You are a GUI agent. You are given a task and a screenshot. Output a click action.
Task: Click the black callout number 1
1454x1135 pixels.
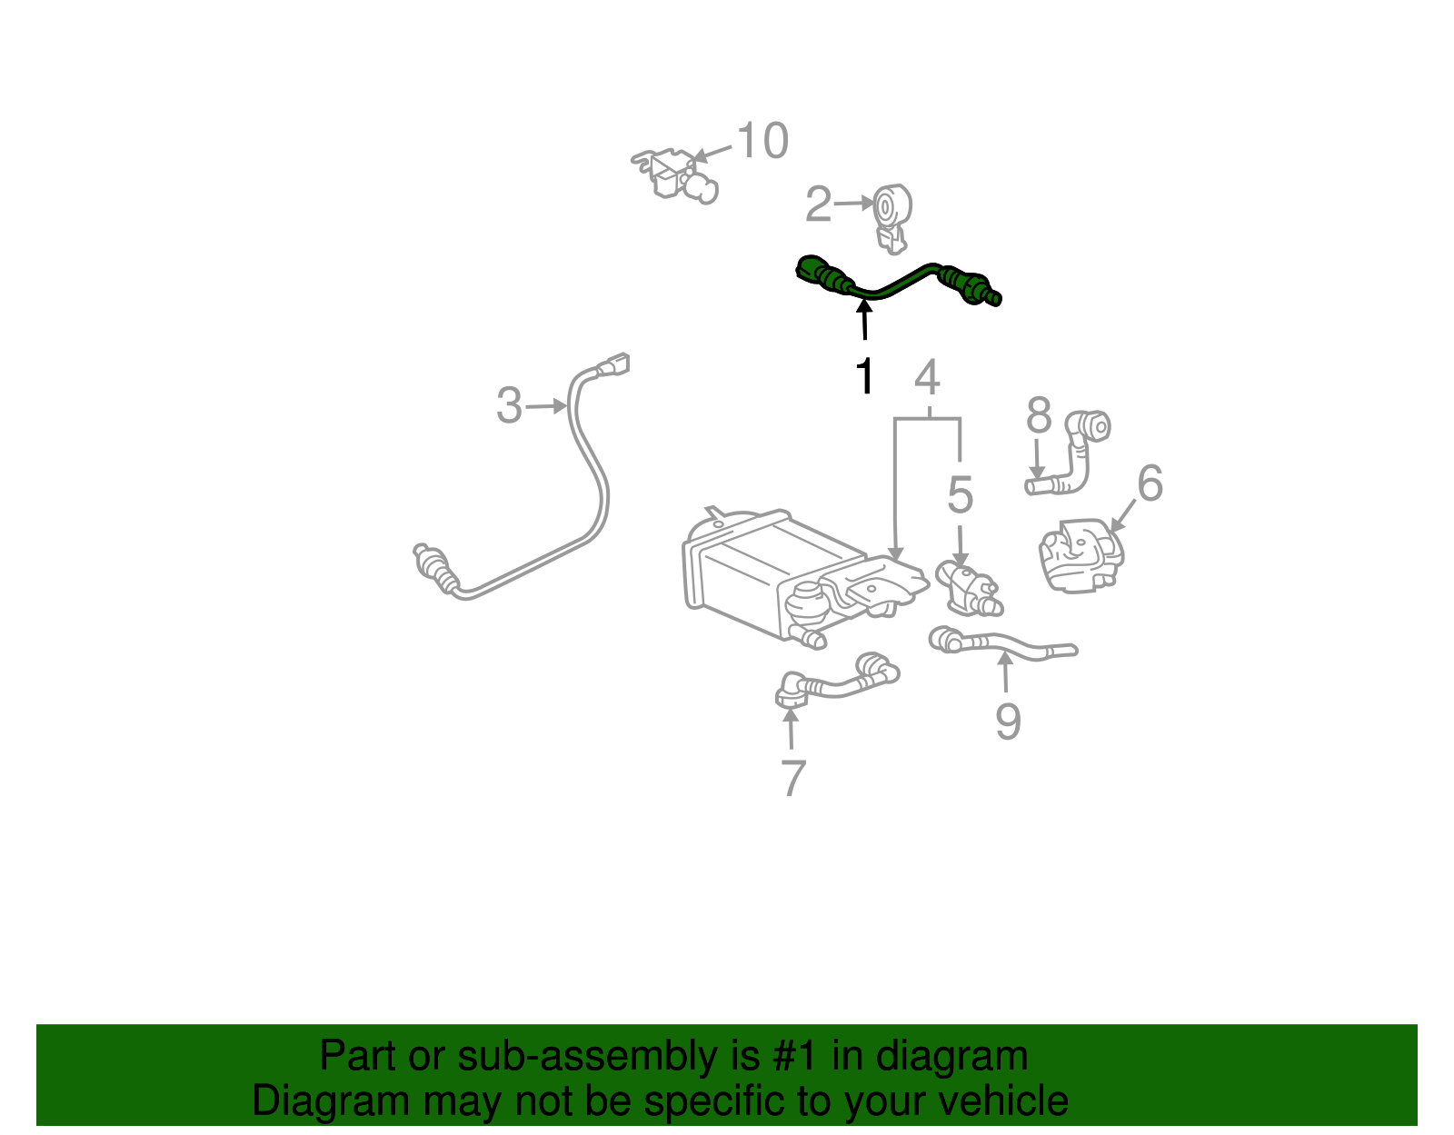866,376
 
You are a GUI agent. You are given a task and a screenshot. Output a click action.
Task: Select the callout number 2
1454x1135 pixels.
818,205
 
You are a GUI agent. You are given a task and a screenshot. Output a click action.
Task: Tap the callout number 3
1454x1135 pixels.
509,405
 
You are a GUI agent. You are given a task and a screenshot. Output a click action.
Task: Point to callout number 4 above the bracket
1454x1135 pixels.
926,377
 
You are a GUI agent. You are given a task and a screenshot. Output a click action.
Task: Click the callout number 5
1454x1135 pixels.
960,495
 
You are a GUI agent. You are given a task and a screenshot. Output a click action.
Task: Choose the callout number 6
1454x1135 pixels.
1150,483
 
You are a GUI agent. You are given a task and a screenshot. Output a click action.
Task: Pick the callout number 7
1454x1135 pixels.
792,779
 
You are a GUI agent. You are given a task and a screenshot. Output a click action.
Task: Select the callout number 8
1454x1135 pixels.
1039,417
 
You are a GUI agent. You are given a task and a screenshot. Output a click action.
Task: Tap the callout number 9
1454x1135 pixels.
1008,722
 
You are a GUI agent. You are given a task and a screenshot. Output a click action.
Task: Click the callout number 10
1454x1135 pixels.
762,142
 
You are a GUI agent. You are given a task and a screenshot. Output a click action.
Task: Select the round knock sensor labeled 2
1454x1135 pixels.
891,210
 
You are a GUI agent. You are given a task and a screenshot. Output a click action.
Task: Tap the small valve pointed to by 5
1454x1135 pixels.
966,586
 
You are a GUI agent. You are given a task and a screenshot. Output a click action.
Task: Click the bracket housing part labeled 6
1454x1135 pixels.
1081,554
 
